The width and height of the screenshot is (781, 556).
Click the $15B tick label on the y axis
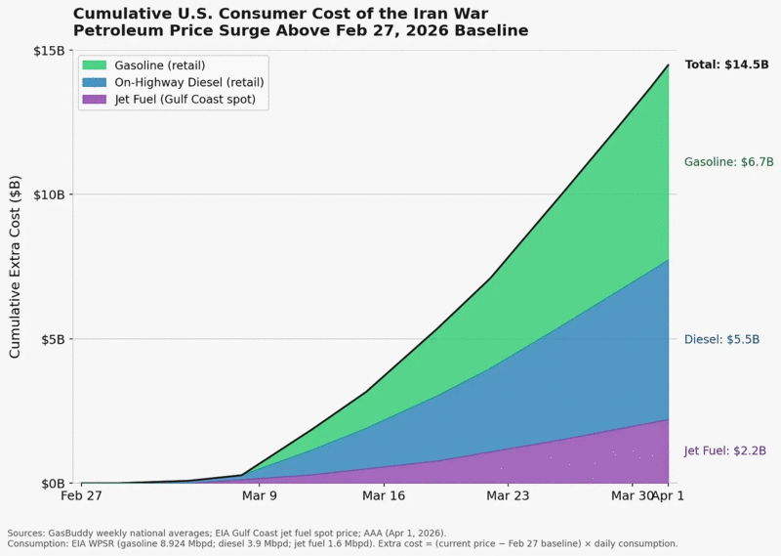point(50,51)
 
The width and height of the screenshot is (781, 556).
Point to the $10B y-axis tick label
point(50,194)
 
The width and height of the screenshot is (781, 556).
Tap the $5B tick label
point(54,340)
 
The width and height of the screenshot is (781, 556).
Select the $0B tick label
point(54,484)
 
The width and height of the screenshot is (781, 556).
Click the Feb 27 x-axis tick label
point(81,495)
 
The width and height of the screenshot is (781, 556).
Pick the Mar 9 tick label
point(260,495)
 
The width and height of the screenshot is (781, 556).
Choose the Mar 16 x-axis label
point(384,495)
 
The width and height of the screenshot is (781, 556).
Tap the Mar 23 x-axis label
point(508,495)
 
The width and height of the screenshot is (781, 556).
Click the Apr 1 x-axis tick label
point(669,495)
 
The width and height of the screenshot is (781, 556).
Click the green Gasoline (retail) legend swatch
point(94,65)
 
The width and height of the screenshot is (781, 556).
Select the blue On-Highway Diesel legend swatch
point(94,82)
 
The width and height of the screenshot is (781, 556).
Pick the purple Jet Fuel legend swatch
point(94,100)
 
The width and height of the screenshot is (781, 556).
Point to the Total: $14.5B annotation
point(726,64)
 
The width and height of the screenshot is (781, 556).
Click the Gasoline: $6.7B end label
point(728,162)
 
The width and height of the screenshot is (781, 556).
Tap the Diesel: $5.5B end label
point(721,340)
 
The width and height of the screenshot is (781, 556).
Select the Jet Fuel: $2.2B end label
point(724,450)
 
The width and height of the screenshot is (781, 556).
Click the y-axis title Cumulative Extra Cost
point(15,267)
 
